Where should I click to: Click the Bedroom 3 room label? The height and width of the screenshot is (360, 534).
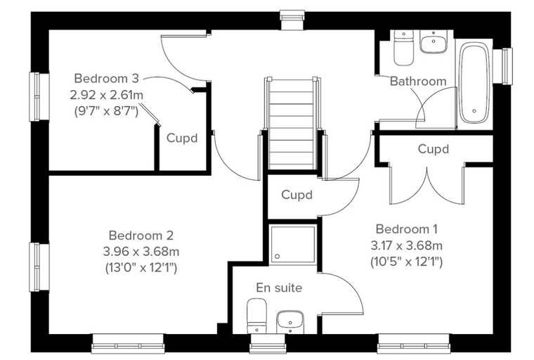(107, 79)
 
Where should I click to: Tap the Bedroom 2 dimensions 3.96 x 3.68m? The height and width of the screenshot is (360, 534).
(141, 252)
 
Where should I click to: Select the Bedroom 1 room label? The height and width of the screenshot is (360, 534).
(407, 229)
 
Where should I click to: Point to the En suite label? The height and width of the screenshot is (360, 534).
(279, 288)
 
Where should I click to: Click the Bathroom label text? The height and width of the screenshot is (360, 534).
(418, 81)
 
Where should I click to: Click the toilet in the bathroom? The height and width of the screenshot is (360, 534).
(403, 47)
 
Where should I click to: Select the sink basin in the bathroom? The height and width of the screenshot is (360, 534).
(434, 41)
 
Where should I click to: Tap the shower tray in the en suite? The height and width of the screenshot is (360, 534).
(293, 244)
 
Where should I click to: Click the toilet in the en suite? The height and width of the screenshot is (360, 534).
(256, 316)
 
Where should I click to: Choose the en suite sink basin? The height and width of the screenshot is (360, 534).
(290, 322)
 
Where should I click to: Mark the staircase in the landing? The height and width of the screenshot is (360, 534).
(292, 124)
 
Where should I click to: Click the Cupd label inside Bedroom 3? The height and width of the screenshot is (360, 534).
(182, 138)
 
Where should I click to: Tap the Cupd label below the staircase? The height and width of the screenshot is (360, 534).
(297, 195)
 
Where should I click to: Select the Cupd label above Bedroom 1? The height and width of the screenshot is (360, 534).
(434, 149)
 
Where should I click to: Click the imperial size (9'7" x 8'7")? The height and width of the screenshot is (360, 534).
(106, 111)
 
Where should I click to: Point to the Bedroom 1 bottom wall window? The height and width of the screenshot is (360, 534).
(415, 344)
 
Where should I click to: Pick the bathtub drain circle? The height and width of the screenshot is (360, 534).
(474, 111)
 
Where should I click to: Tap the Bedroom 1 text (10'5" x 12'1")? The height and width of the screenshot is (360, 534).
(406, 262)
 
